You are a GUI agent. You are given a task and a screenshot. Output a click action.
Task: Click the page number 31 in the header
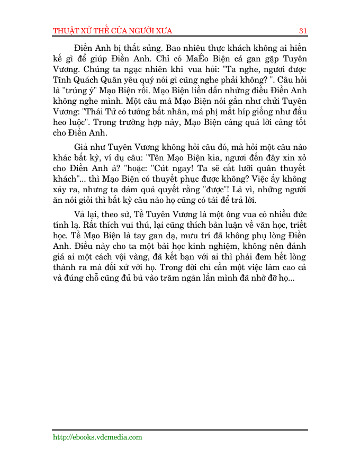pos(303,30)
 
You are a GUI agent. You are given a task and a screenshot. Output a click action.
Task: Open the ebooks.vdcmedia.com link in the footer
pos(97,437)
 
